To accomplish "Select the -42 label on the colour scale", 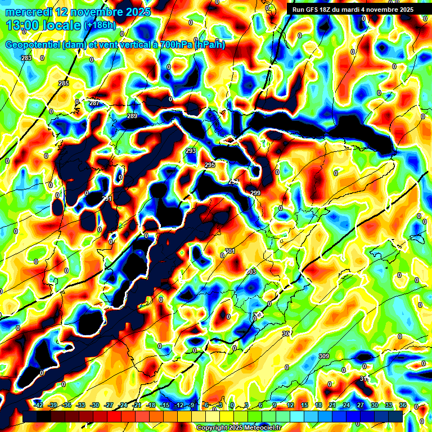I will (x=38, y=405).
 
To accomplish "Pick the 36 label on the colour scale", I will (x=402, y=405).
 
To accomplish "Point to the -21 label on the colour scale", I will (x=137, y=405).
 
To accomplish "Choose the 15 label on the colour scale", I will (x=304, y=405).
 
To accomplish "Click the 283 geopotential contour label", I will (x=26, y=58).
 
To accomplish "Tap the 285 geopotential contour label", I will (x=64, y=83).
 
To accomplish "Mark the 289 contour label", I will (x=132, y=116).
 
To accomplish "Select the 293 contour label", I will (x=191, y=151).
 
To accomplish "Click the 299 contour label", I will (x=255, y=193).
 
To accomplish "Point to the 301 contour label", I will (x=229, y=251).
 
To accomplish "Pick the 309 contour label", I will (x=323, y=356).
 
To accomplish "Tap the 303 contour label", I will (x=251, y=272).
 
